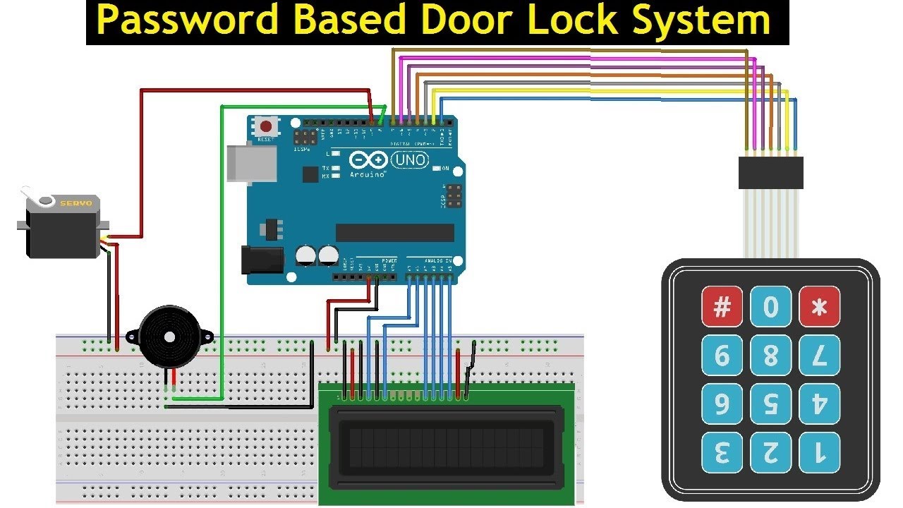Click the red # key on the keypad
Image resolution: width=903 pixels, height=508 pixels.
click(x=722, y=307)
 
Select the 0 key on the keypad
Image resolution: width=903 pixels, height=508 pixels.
click(x=770, y=307)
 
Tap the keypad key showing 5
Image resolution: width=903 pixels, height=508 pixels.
click(x=770, y=404)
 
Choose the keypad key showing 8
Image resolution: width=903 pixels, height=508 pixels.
click(x=770, y=356)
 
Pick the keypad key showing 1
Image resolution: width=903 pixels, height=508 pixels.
click(x=820, y=452)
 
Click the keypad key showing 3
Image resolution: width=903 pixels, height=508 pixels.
click(x=722, y=452)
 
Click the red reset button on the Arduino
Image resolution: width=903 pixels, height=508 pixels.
click(x=266, y=127)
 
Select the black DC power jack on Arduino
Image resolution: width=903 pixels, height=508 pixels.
click(x=259, y=259)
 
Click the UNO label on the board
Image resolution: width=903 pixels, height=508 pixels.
click(x=409, y=160)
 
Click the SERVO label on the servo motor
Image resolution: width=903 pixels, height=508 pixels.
click(x=75, y=203)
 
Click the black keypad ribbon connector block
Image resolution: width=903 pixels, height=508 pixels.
click(x=770, y=173)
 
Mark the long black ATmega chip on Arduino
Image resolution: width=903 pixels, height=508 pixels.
click(x=394, y=233)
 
